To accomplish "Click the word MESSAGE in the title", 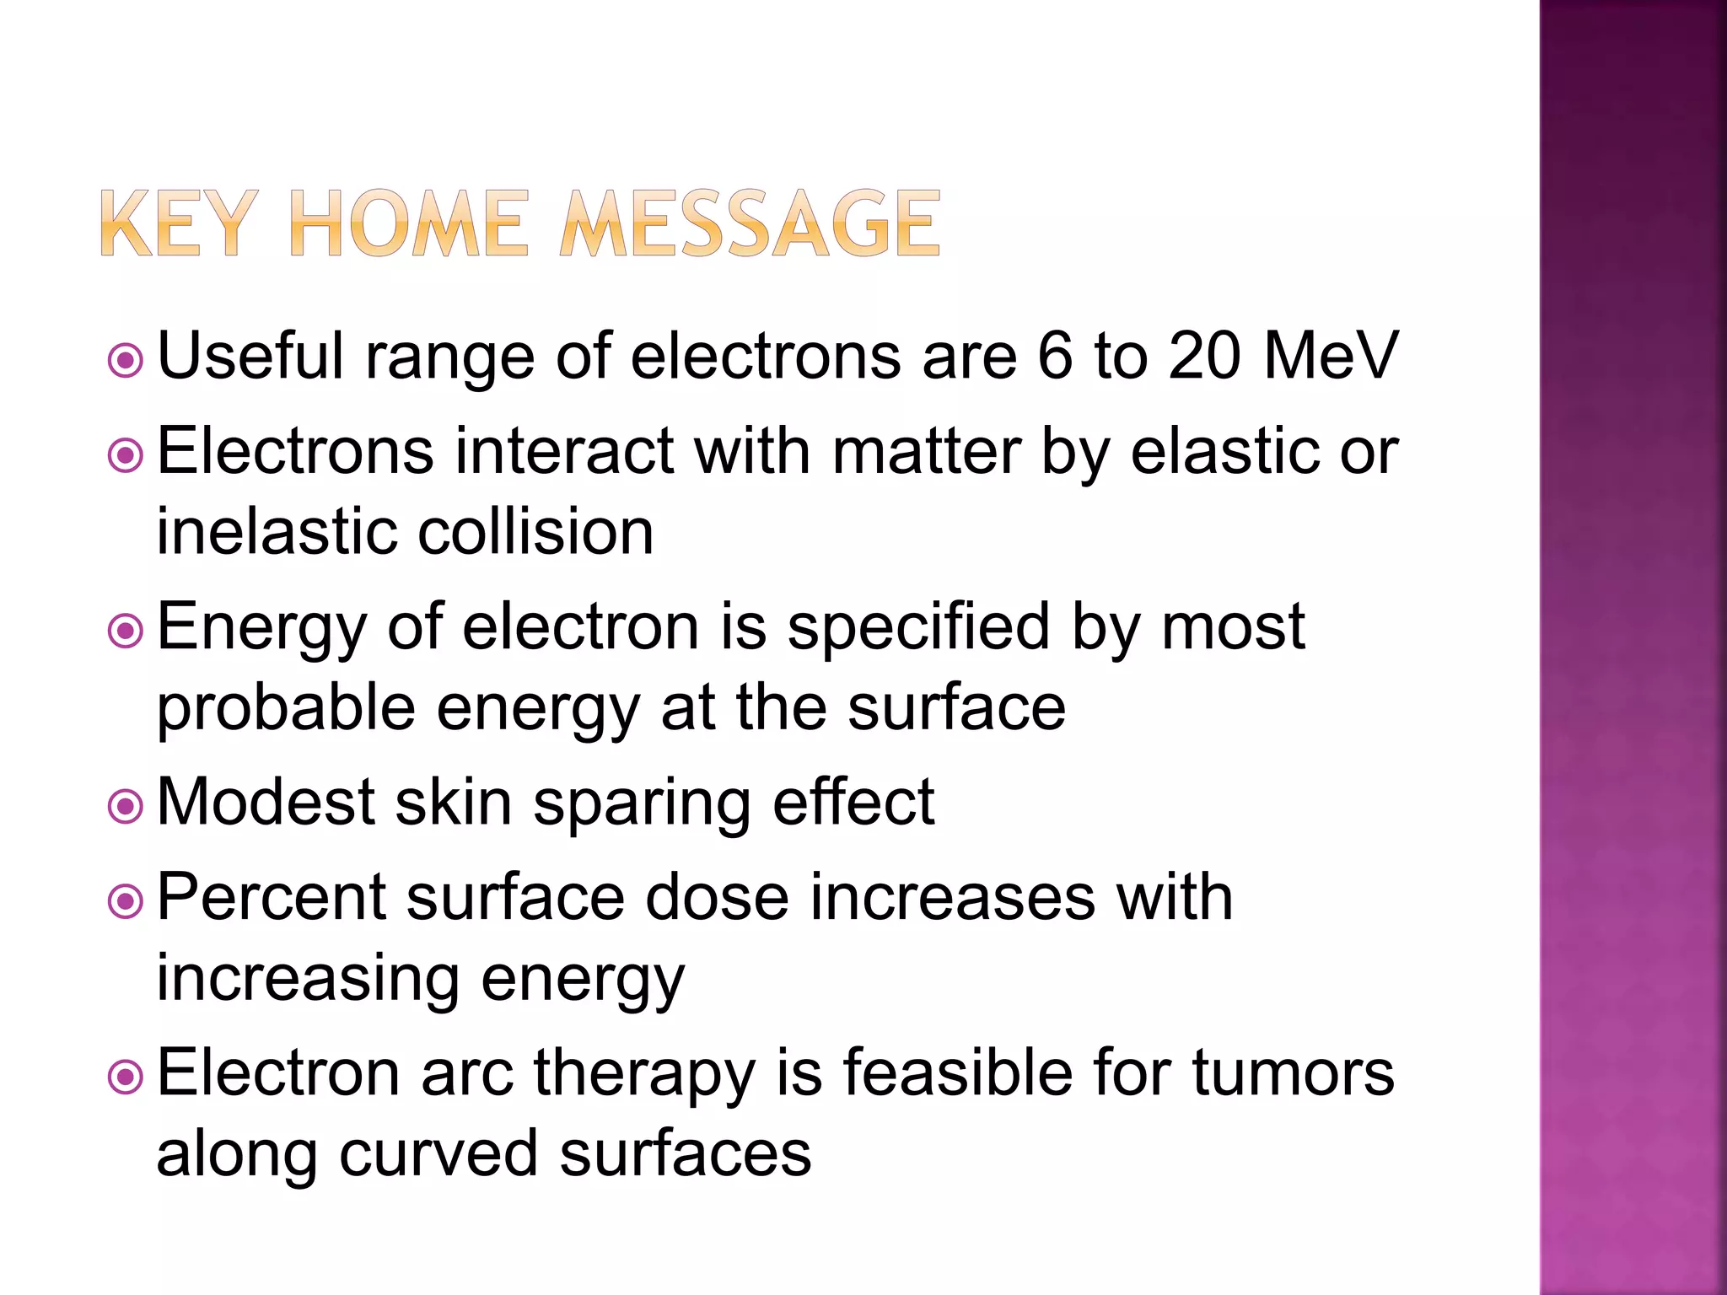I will (x=750, y=223).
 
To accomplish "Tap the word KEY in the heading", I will (x=178, y=223).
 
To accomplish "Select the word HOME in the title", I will (x=408, y=223).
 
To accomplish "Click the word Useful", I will (x=250, y=356).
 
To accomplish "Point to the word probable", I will (x=286, y=708).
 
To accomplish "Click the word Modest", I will (x=266, y=802).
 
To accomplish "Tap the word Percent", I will (x=271, y=896).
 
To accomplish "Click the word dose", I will (x=717, y=896).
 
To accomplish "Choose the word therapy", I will (x=643, y=1075).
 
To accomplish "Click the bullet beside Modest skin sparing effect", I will (x=126, y=807).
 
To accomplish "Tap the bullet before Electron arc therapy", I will (x=126, y=1077).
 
